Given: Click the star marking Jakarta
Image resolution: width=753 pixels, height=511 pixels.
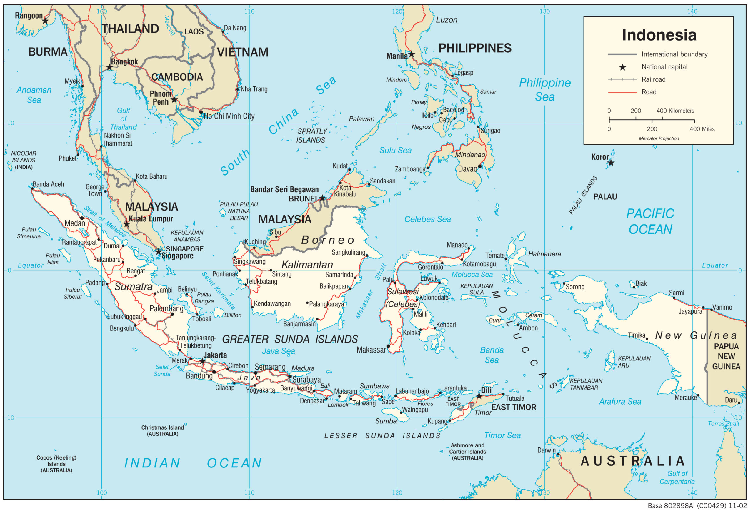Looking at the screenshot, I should click(202, 361).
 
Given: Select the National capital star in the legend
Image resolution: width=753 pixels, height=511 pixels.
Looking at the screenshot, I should click(622, 67).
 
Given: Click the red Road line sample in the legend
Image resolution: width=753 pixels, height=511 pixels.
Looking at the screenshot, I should click(622, 92).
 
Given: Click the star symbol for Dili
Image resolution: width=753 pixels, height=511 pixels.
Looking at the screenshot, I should click(479, 396).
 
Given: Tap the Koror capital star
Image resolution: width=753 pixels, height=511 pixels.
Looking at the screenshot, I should click(611, 163).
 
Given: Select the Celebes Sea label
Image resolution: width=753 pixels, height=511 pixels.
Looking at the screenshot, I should click(427, 220).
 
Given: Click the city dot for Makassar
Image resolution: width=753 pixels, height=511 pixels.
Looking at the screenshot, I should click(388, 346).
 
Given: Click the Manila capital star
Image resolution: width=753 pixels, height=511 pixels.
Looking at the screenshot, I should click(412, 54).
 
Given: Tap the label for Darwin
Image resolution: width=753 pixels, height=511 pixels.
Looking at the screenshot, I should click(546, 450).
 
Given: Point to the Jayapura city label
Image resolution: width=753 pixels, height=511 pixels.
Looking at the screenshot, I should click(690, 312).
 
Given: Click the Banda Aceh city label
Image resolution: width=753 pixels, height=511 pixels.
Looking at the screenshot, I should click(48, 185).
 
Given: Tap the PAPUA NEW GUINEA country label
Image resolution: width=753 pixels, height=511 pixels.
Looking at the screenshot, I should click(726, 357).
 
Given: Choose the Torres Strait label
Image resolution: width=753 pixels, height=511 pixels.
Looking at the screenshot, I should click(723, 424).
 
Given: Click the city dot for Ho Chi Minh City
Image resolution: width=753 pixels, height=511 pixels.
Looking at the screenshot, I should click(201, 112).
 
